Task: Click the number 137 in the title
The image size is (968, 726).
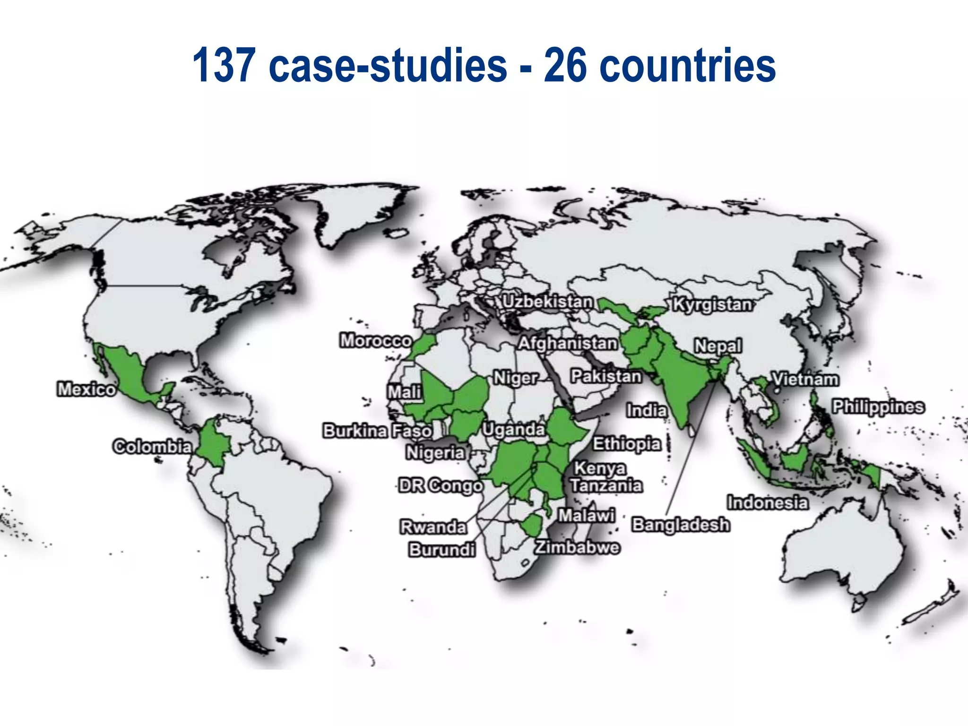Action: click(x=224, y=65)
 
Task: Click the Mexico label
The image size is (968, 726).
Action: click(x=86, y=389)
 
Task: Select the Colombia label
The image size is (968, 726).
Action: click(x=152, y=447)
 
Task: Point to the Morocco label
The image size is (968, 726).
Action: click(x=376, y=340)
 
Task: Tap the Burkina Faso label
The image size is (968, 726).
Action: click(x=377, y=431)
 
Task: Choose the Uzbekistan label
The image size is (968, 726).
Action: click(x=547, y=302)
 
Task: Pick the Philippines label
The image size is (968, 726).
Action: click(x=878, y=406)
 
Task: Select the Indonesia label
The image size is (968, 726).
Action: click(x=767, y=502)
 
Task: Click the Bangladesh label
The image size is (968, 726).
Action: click(x=681, y=525)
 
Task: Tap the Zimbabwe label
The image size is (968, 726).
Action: click(x=577, y=547)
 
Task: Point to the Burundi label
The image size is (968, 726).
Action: click(x=442, y=550)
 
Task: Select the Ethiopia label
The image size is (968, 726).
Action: click(x=627, y=444)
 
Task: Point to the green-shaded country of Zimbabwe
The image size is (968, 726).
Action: click(x=531, y=524)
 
